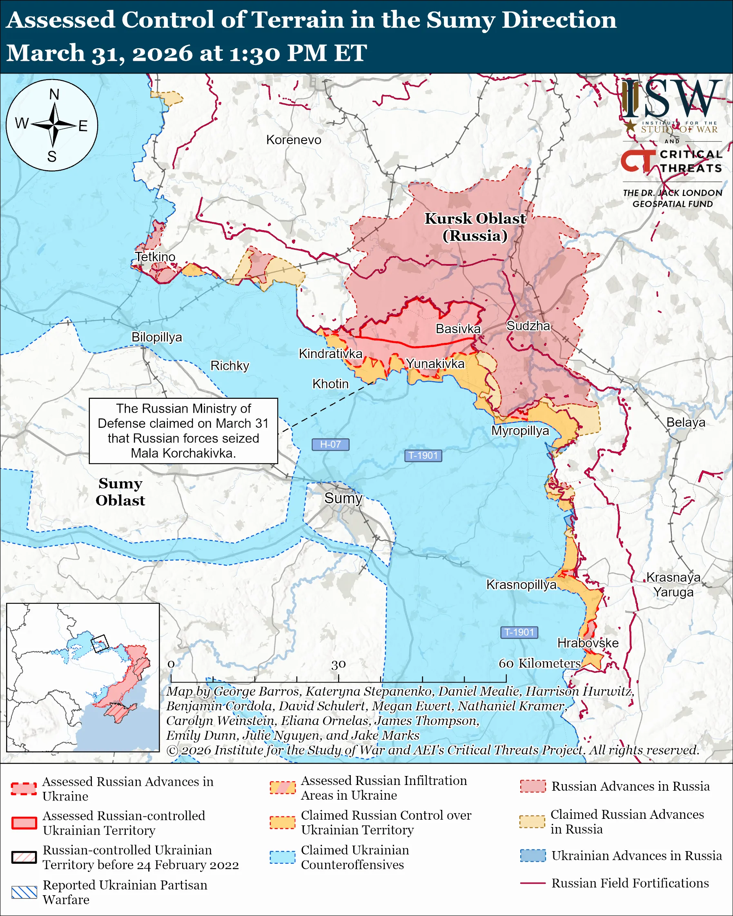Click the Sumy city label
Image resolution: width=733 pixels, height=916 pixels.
[343, 498]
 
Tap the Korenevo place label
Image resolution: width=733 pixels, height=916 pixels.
[294, 140]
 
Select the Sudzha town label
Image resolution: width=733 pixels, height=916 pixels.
[528, 326]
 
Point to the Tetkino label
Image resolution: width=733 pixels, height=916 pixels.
[155, 257]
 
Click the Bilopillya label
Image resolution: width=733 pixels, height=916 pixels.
[156, 337]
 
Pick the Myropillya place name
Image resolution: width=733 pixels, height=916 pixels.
[520, 430]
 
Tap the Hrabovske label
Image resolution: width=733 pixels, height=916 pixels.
[588, 643]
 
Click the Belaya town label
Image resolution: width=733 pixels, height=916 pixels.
[685, 422]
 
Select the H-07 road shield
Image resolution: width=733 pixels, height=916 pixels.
[330, 445]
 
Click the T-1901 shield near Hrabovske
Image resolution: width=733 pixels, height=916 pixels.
[519, 632]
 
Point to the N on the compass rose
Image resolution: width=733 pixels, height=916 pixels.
[54, 94]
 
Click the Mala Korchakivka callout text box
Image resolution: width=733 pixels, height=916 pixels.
[183, 431]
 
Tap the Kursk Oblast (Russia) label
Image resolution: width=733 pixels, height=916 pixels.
[475, 227]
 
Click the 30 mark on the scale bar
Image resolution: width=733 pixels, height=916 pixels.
[338, 664]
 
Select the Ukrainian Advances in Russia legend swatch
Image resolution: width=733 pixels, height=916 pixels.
[532, 855]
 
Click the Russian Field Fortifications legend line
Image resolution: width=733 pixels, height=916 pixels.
[532, 883]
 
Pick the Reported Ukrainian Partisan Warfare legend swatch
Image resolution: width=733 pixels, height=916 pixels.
[24, 892]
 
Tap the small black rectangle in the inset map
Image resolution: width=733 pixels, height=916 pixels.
[100, 643]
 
